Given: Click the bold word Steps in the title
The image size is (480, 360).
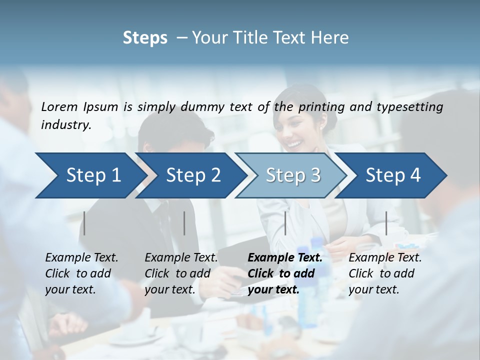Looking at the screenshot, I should tap(145, 38).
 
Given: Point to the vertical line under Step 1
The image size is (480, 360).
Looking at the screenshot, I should tap(84, 223).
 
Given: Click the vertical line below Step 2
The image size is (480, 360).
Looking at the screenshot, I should tap(184, 223).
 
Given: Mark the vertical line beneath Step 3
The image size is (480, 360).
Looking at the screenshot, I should tap(285, 223).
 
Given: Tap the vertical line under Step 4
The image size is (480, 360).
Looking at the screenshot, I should tap(386, 223).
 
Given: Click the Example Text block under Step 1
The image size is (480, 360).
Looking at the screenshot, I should tap(81, 273).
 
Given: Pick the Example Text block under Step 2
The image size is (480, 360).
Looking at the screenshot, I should tap(181, 273).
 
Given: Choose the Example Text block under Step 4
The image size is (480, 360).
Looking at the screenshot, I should tap(385, 273).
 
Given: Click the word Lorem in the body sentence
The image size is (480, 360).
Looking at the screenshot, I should tap(59, 106).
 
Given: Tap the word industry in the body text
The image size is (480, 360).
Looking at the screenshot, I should tap(66, 125).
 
